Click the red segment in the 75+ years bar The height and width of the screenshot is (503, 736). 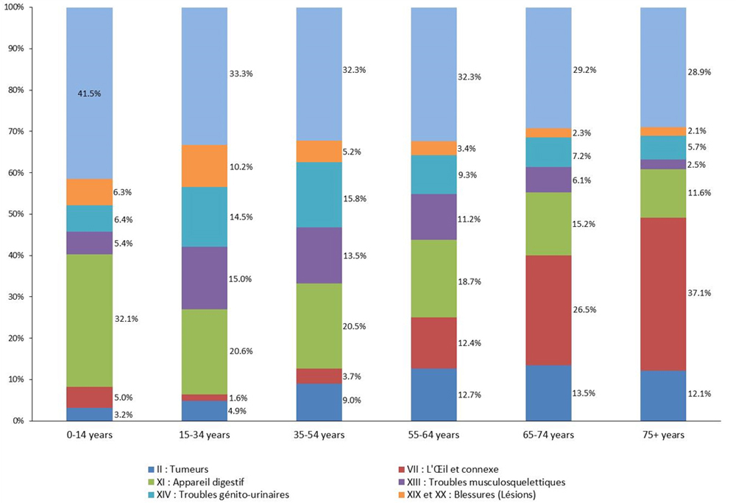click(663, 294)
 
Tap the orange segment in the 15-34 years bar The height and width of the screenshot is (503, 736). click(204, 166)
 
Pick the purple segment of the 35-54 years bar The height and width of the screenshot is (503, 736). click(319, 255)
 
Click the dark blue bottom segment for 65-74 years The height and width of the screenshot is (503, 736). click(548, 393)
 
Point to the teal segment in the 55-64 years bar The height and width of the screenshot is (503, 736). click(434, 175)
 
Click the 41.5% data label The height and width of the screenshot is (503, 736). click(89, 94)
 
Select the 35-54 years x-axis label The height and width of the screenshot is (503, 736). click(319, 435)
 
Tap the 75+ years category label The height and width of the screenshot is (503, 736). click(663, 435)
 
